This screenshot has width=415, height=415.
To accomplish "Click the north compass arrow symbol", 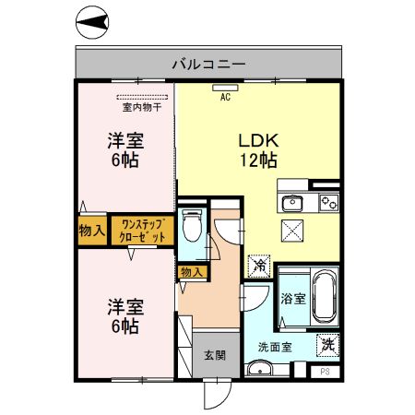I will point(91,22).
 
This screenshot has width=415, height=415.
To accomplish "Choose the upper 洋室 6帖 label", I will point(125,150).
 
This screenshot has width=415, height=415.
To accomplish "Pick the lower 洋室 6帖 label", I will point(125,315).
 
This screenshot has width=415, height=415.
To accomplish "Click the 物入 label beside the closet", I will point(91,230).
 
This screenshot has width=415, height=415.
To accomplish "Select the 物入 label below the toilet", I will point(191,272).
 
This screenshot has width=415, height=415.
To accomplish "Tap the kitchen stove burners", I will point(327,202).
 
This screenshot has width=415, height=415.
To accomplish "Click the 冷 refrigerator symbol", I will point(259,265).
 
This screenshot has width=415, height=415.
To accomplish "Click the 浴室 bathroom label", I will point(293,299).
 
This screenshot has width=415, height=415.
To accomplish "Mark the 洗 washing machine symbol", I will point(327,345).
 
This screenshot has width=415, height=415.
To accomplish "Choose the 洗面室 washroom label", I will point(276,348).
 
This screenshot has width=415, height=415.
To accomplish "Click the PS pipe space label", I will point(324,371).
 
